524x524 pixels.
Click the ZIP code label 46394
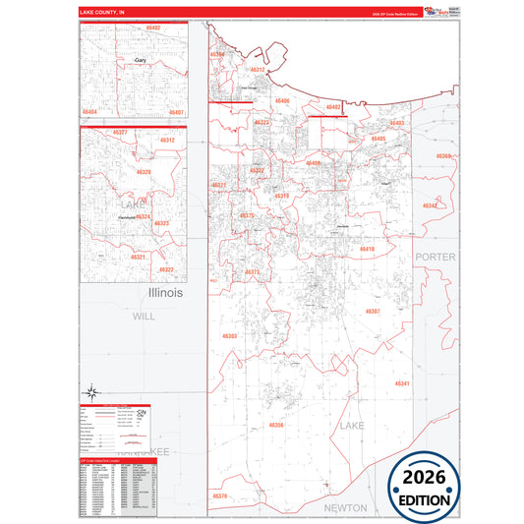(x=218, y=54)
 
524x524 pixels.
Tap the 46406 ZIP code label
(x=282, y=101)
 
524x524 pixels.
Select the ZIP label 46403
(x=396, y=123)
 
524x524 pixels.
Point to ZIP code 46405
(x=378, y=140)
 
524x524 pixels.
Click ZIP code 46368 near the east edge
(x=444, y=156)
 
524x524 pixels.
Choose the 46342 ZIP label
(x=431, y=205)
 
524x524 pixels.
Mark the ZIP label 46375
(x=247, y=215)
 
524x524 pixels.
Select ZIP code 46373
(x=253, y=272)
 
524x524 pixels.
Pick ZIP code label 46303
(x=230, y=336)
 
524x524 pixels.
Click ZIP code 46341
(x=402, y=382)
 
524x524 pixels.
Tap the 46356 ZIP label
(x=276, y=425)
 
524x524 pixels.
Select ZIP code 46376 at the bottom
(x=219, y=496)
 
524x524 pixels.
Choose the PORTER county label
(x=435, y=256)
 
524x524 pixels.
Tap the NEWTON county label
(x=345, y=507)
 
